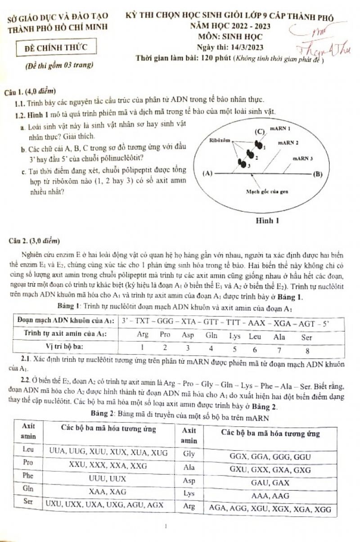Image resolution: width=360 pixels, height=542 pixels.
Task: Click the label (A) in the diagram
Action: (x=207, y=172)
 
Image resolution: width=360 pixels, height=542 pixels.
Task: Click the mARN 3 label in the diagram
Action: (x=303, y=158)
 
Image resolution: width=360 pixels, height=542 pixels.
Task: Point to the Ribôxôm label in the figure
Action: (x=220, y=140)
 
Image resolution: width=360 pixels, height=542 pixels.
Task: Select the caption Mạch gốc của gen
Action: (x=266, y=191)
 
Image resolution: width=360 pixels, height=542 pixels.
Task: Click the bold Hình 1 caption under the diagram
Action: (x=267, y=221)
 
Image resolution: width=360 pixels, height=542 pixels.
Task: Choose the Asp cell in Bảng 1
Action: (x=188, y=335)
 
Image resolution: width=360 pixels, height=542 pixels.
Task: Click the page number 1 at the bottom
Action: (x=166, y=526)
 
